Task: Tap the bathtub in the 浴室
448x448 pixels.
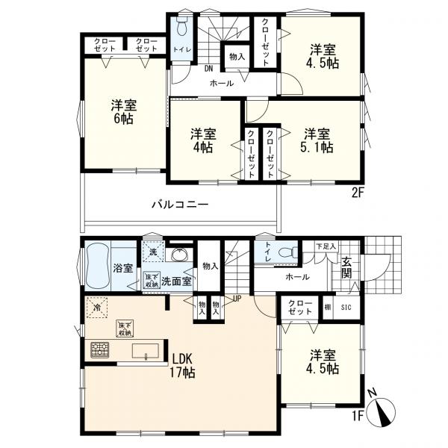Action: tap(98, 267)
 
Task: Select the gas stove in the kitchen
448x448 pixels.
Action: tap(100, 350)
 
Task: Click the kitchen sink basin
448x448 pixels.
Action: tap(145, 351)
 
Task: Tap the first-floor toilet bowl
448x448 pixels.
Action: tap(287, 253)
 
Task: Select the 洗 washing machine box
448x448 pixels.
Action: tap(154, 252)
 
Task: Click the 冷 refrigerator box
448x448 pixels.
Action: tap(97, 308)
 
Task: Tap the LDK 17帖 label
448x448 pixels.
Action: tap(182, 366)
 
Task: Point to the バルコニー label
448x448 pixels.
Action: tap(180, 205)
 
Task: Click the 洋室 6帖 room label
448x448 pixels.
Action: tap(124, 112)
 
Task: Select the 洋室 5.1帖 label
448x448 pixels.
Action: tap(317, 140)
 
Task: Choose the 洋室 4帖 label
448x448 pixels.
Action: tap(203, 140)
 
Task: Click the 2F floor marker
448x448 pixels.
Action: tap(357, 193)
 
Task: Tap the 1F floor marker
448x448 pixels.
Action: tap(357, 417)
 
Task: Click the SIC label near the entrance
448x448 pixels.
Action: tap(346, 308)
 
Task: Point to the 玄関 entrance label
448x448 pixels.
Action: tap(346, 268)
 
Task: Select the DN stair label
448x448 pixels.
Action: tap(208, 69)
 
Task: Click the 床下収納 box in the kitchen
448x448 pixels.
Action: tap(125, 329)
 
